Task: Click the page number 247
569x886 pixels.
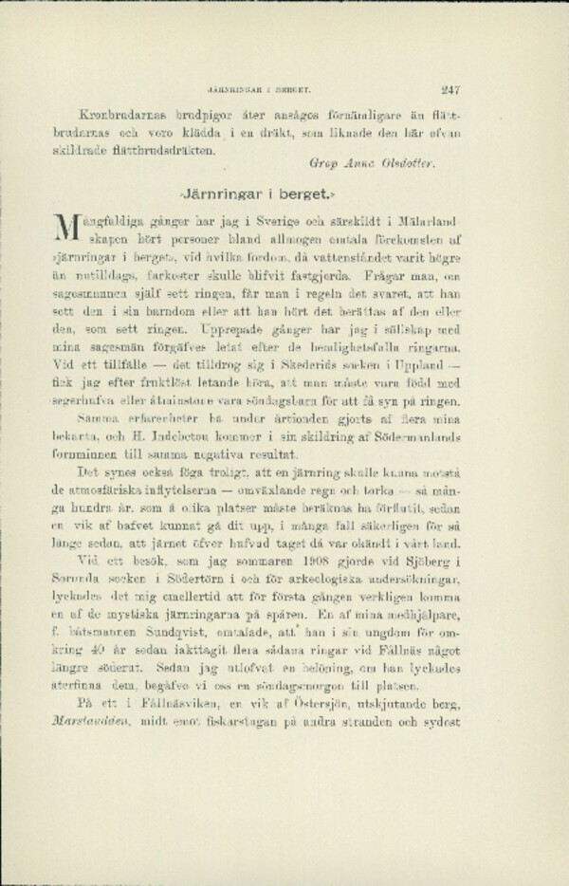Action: [x=450, y=91]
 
